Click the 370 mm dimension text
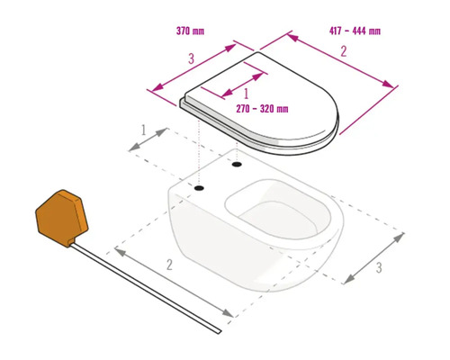tap(190, 31)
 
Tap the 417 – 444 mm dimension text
tap(355, 31)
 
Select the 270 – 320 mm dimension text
tap(262, 109)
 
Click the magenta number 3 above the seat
tap(191, 58)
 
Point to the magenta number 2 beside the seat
tap(344, 51)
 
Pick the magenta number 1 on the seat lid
tap(247, 94)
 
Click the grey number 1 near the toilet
tap(143, 130)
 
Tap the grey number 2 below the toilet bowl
tap(169, 265)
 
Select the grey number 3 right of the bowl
tap(379, 267)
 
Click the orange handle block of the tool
tap(62, 218)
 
